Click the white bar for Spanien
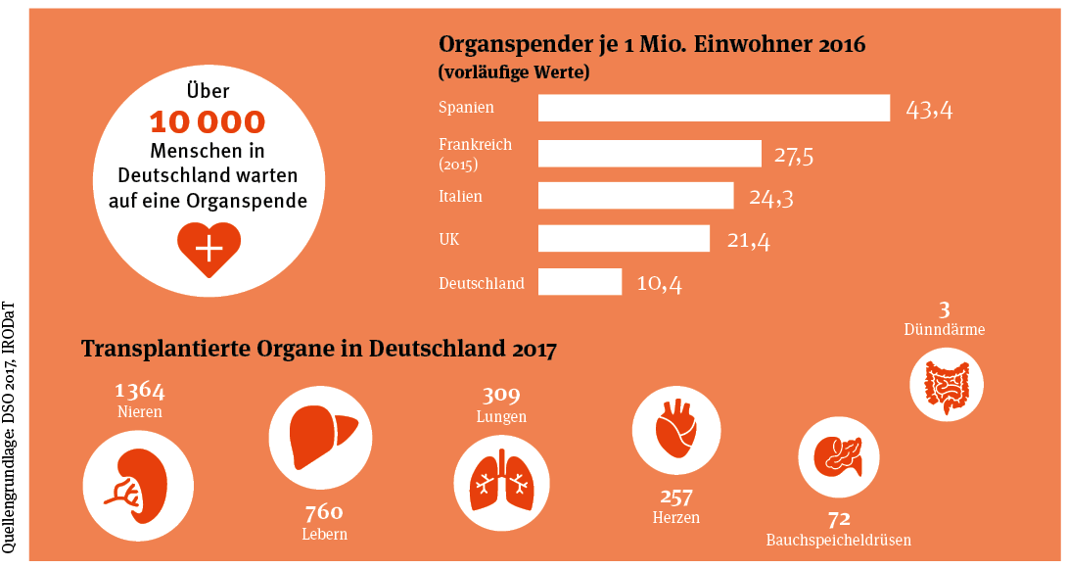point(714,108)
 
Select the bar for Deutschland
point(580,282)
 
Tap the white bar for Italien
point(635,196)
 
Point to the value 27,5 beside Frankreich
point(794,155)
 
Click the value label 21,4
point(748,240)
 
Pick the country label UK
point(449,238)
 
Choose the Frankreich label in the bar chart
point(475,145)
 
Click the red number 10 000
point(207,122)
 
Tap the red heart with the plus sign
point(208,248)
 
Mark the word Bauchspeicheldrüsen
point(839,540)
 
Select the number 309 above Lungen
point(501,396)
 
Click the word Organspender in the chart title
point(499,45)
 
